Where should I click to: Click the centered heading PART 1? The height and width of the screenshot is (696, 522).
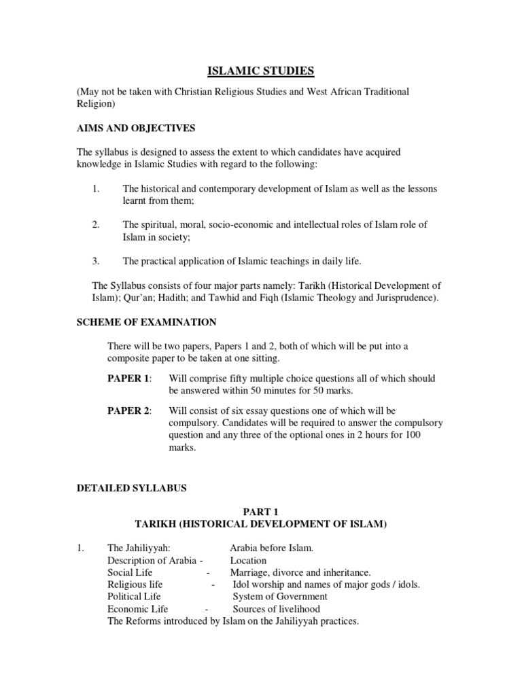coord(261,512)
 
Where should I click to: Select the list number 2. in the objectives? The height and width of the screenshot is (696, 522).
coord(96,225)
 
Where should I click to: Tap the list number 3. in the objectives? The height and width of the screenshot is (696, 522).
coord(96,261)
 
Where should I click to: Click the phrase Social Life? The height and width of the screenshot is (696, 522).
coord(130,572)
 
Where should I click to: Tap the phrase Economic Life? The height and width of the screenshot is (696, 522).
coord(137,609)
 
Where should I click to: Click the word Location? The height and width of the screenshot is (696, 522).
coord(248,561)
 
